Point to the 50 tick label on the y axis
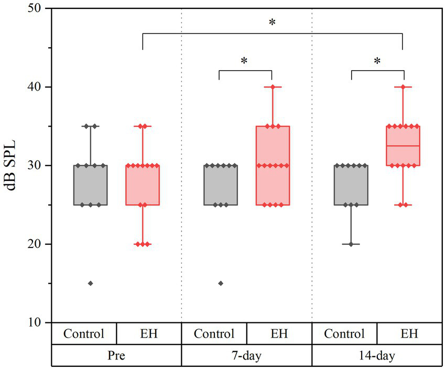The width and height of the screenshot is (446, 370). click(37, 8)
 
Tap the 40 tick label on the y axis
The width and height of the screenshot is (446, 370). click(37, 87)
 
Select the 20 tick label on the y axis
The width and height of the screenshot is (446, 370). click(37, 244)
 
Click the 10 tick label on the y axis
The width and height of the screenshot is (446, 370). click(37, 322)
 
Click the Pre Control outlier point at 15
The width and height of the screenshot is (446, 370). click(90, 283)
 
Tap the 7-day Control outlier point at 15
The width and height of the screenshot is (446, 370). click(221, 283)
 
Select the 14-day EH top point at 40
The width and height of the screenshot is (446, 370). click(403, 87)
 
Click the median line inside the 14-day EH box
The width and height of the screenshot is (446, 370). click(403, 145)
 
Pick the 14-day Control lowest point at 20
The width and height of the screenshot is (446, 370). click(351, 244)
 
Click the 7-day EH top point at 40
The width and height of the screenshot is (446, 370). click(273, 87)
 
